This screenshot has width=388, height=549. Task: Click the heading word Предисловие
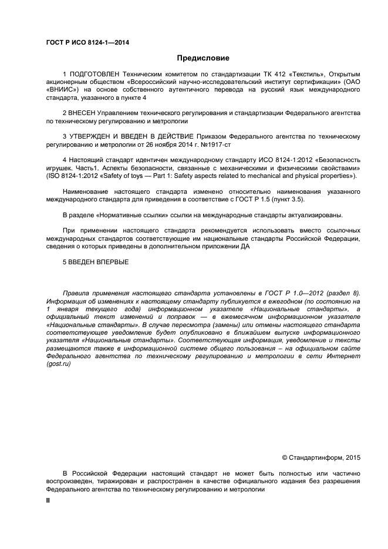[x=203, y=58]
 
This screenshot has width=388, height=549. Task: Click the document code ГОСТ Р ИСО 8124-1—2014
[x=88, y=42]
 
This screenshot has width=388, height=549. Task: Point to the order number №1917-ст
[x=198, y=144]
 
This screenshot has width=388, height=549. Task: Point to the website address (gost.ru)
[x=58, y=364]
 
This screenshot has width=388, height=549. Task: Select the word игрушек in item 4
[x=59, y=168]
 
